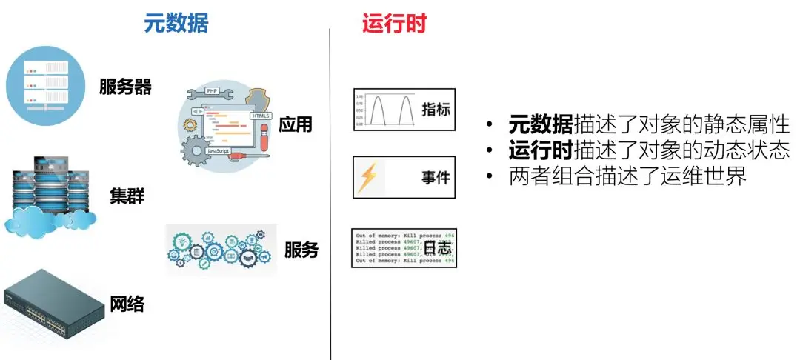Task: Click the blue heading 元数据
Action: [176, 24]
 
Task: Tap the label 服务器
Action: [125, 87]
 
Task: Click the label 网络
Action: [127, 303]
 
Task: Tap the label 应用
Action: [295, 124]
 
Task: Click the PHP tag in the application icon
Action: [211, 92]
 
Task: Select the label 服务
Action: [301, 250]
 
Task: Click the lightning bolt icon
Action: [367, 178]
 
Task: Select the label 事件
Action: [436, 178]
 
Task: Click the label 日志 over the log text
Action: [437, 248]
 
